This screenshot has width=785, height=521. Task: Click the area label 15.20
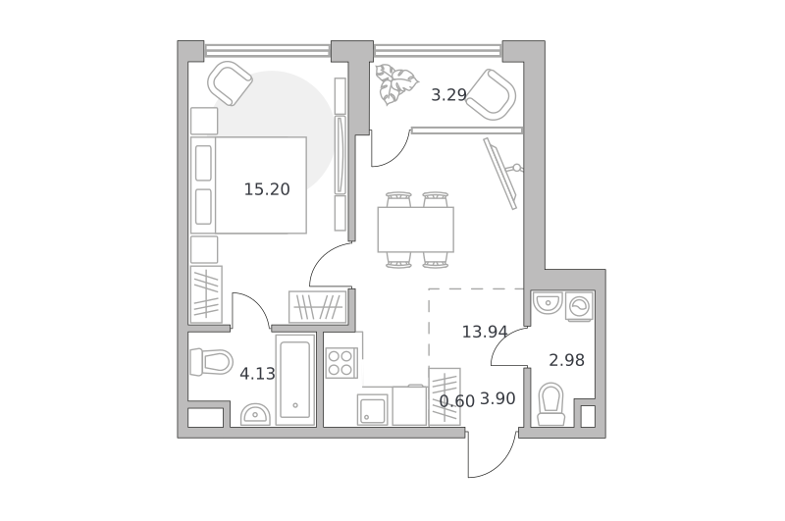click(267, 189)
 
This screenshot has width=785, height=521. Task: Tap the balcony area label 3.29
click(449, 94)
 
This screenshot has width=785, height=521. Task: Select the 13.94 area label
click(485, 332)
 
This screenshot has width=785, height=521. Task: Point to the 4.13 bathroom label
click(257, 374)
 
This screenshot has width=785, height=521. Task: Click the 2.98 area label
click(567, 360)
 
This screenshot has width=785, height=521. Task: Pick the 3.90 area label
click(497, 398)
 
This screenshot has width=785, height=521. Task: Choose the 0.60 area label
click(456, 401)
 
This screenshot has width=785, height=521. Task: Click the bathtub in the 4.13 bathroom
click(295, 380)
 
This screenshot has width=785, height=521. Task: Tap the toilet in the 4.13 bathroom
click(211, 361)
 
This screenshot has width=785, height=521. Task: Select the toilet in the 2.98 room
click(550, 404)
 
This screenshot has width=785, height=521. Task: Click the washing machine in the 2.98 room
click(579, 306)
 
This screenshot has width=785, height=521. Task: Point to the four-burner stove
click(340, 363)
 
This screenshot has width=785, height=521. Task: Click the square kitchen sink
click(372, 409)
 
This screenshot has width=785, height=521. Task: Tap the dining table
click(415, 230)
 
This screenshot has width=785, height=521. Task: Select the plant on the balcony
click(396, 84)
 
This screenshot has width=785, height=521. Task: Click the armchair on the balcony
click(492, 94)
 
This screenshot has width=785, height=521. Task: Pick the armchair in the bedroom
click(230, 83)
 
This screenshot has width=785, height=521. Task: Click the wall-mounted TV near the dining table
click(502, 173)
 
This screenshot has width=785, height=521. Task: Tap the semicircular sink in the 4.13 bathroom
click(255, 414)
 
